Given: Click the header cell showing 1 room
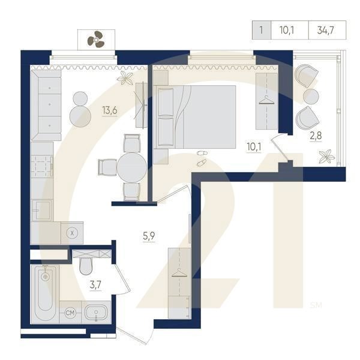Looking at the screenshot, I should point(260,29).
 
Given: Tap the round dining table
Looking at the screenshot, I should point(131,166).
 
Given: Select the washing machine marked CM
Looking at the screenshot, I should point(70,313).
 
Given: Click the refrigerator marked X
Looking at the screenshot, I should point(72,232).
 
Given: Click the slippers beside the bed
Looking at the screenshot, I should point(202,158).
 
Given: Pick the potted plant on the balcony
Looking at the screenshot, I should point(326,158).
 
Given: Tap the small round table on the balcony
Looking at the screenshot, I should point(310,96).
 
